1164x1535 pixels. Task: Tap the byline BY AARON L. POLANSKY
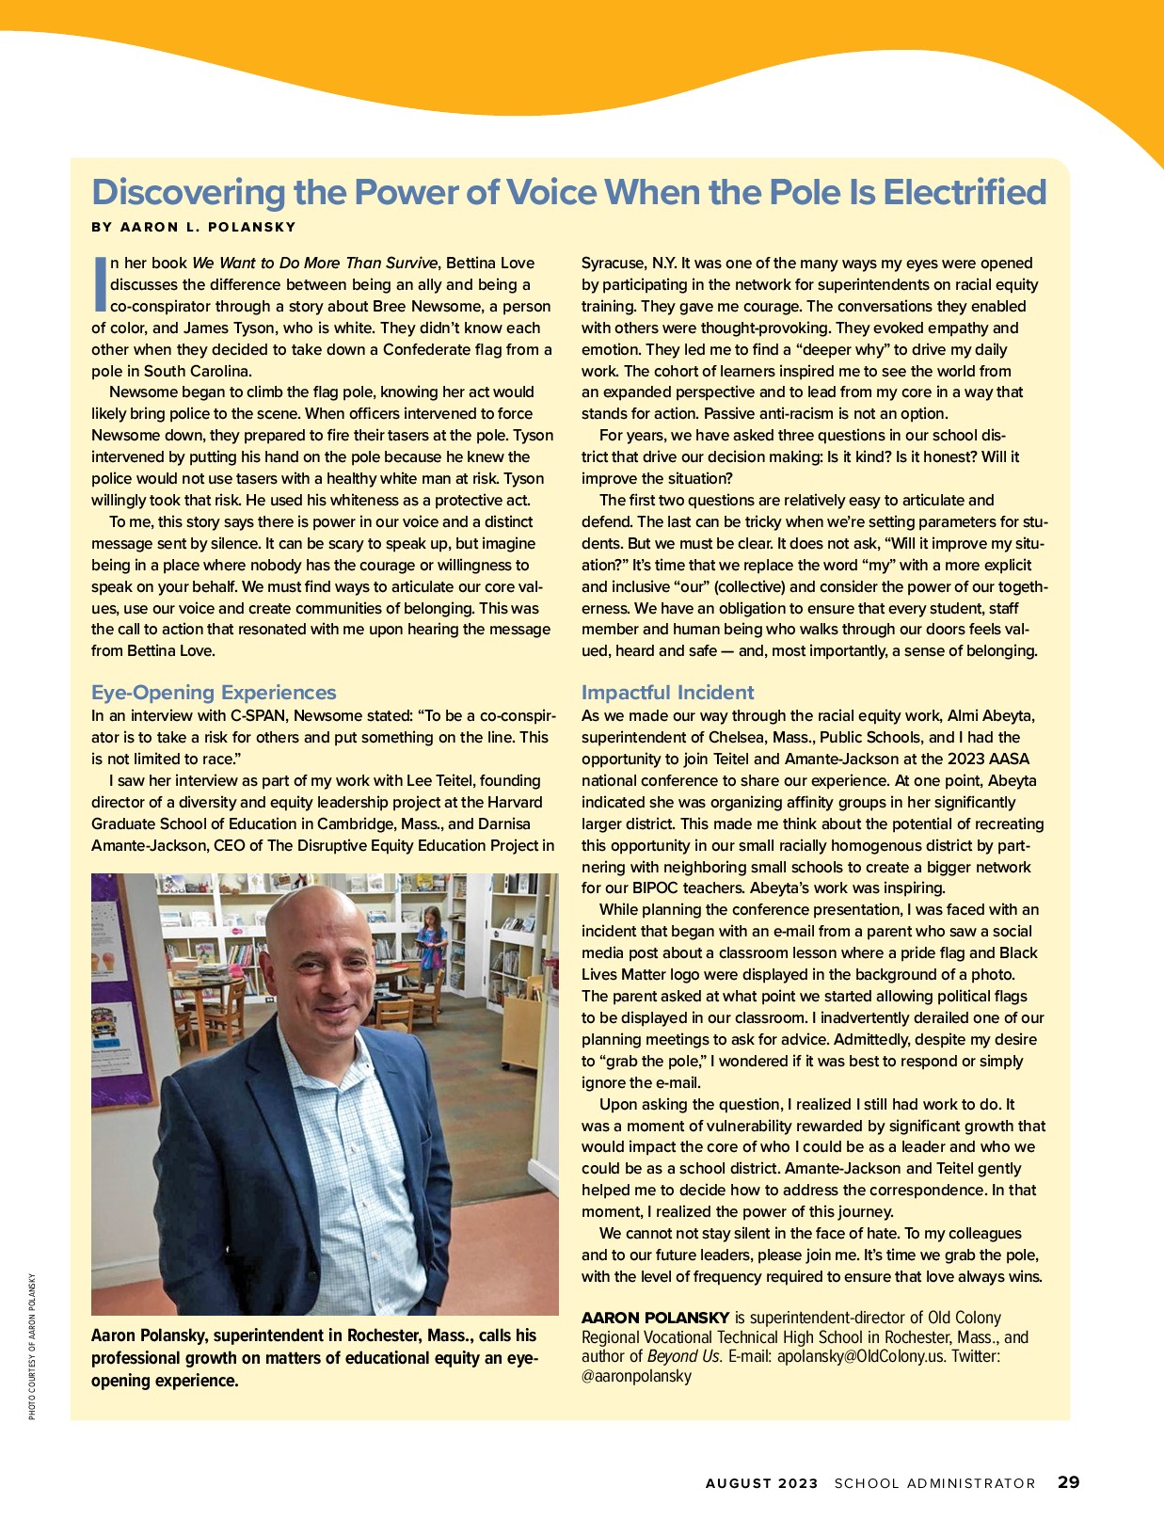(x=194, y=227)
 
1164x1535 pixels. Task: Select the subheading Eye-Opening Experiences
(x=214, y=693)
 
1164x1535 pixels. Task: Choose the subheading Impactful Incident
(x=667, y=693)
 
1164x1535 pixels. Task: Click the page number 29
(x=1068, y=1482)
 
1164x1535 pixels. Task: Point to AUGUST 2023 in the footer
(x=761, y=1483)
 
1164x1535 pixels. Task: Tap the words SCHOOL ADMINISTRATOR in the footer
(x=934, y=1483)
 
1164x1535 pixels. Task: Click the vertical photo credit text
(x=31, y=1346)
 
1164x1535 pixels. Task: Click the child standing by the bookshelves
(x=432, y=941)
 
